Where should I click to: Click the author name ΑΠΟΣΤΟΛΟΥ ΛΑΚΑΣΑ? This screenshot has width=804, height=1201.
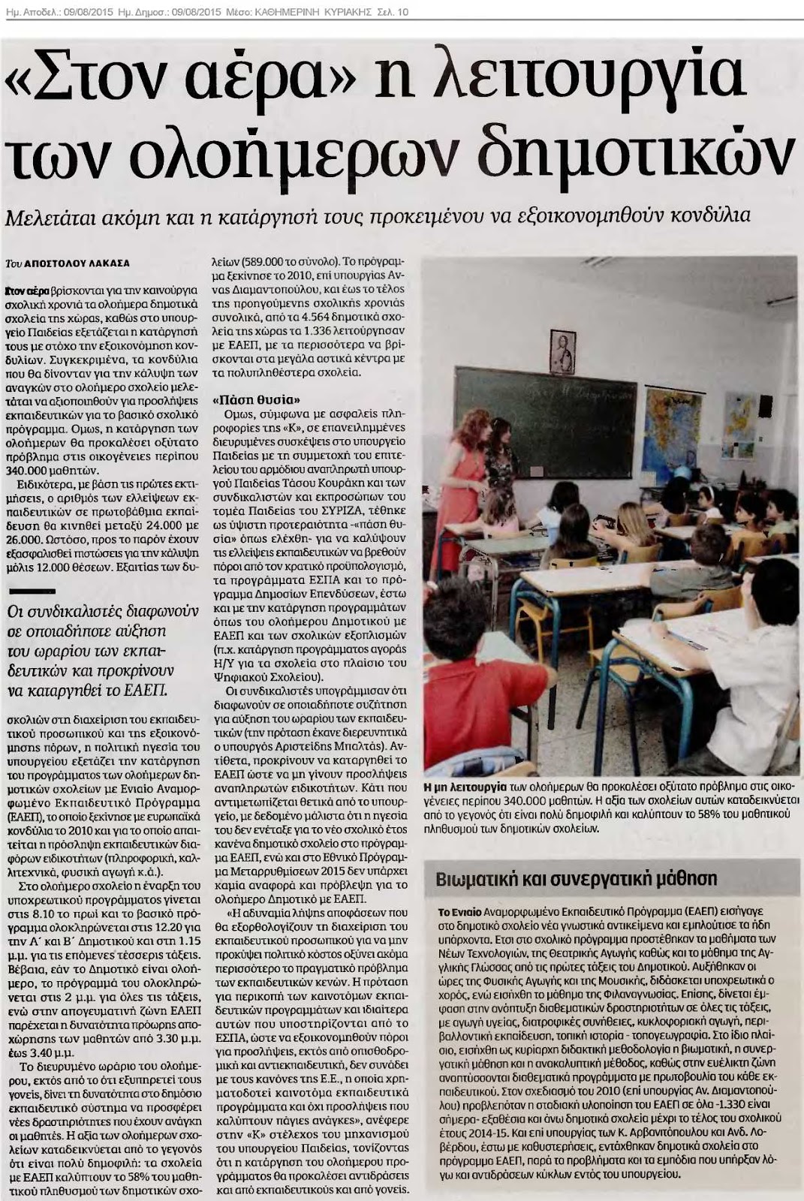tap(77, 263)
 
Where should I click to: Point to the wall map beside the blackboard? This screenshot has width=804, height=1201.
tap(667, 420)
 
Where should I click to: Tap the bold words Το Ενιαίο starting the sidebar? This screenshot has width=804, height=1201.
tap(460, 911)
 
